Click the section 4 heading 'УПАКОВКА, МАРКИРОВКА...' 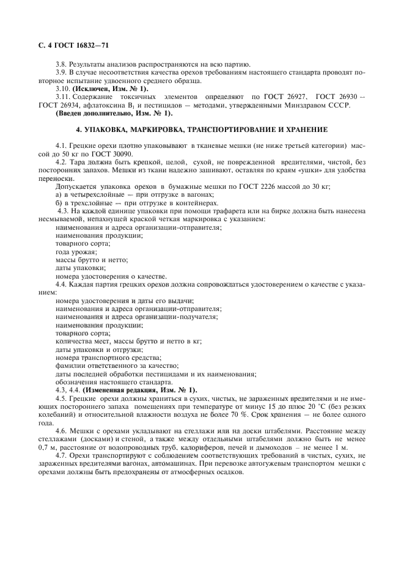(202, 130)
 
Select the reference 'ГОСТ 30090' (122, 155)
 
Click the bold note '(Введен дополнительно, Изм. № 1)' (114, 114)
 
